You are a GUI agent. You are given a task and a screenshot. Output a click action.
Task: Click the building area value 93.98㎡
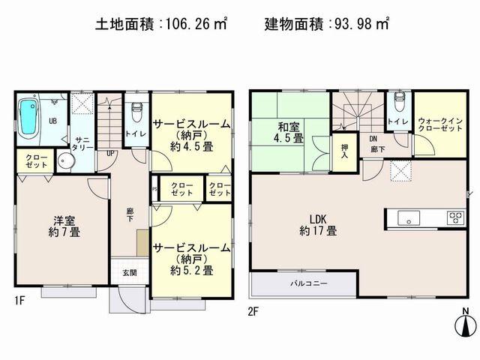tap(357, 24)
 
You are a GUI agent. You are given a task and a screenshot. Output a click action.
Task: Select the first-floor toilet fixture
tap(136, 113)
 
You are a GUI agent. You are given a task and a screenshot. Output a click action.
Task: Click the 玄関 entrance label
tap(128, 272)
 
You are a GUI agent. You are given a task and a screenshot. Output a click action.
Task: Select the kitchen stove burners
tap(455, 217)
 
